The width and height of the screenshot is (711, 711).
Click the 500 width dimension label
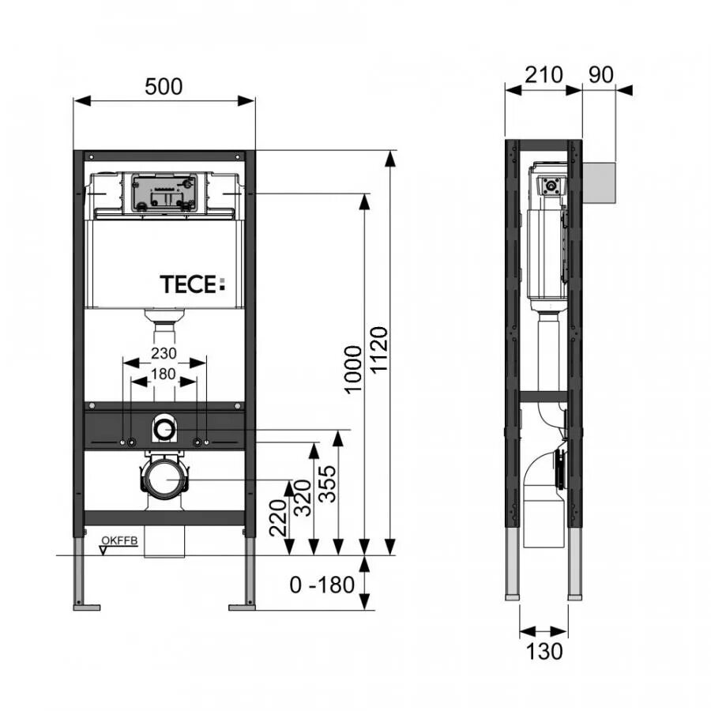(x=164, y=86)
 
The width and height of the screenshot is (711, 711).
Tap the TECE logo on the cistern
(x=192, y=284)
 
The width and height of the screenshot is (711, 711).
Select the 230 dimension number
(x=164, y=353)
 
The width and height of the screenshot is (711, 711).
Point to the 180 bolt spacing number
(x=164, y=374)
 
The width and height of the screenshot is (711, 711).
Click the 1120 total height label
(x=379, y=350)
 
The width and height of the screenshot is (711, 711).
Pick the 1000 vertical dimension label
(x=353, y=370)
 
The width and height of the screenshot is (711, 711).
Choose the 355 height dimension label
(x=327, y=483)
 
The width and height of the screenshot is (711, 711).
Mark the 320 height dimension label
(x=303, y=498)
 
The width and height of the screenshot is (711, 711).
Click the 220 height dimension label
(x=278, y=517)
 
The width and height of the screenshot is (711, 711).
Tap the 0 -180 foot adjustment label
(x=322, y=585)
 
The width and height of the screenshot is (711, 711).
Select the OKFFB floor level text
(x=119, y=540)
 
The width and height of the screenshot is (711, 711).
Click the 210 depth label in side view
(x=544, y=74)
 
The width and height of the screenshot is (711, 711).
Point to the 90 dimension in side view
(x=601, y=74)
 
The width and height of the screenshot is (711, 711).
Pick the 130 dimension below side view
(x=544, y=652)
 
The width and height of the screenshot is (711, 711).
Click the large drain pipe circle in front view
(x=164, y=480)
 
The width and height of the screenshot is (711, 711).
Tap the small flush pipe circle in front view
(x=164, y=429)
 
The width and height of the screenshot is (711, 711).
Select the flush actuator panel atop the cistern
(x=164, y=194)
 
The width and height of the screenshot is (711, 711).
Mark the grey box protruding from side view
(x=599, y=182)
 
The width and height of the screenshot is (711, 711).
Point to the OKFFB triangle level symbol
(x=103, y=551)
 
